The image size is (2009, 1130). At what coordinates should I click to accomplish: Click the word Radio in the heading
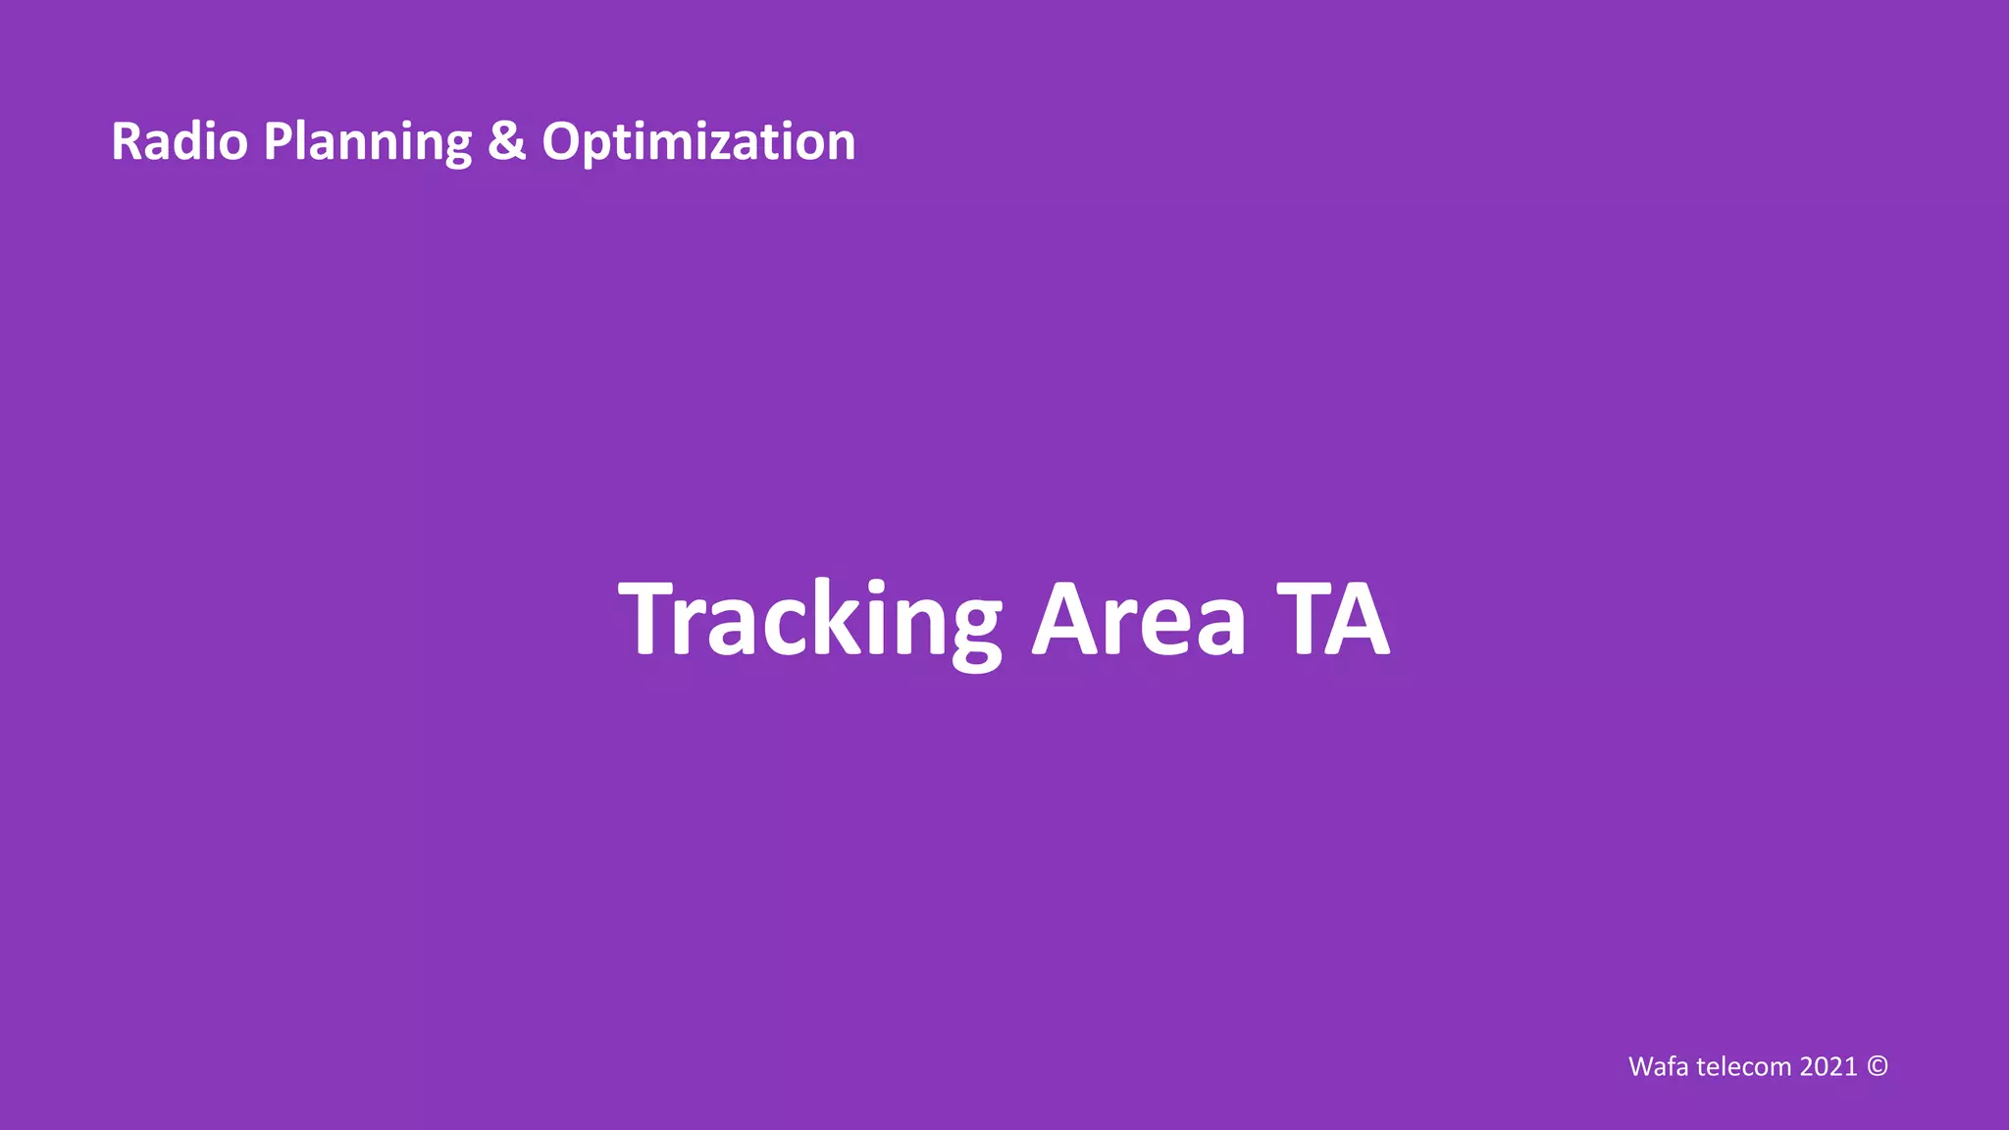tap(180, 142)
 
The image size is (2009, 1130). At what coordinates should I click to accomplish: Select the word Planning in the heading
tap(368, 142)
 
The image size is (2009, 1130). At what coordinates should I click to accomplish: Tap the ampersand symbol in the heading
tap(506, 142)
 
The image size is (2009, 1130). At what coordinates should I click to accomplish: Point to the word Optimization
tap(698, 142)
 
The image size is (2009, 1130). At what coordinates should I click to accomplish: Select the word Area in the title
tap(1139, 620)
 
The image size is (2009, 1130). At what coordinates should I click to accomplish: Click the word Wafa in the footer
tap(1659, 1066)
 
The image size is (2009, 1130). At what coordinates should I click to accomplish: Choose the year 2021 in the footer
tap(1829, 1066)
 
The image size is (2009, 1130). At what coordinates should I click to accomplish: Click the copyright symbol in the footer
tap(1877, 1066)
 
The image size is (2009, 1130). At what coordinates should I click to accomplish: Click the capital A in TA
tap(1359, 620)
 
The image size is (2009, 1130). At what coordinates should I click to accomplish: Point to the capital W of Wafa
tap(1642, 1066)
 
